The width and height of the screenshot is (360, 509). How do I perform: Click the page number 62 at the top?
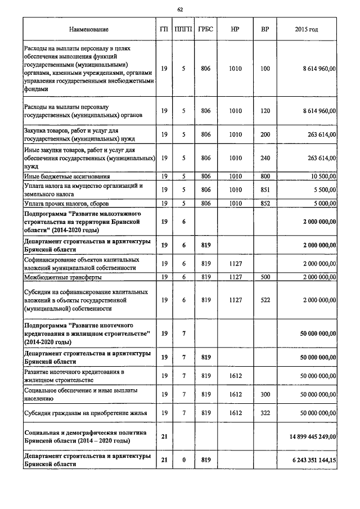click(180, 10)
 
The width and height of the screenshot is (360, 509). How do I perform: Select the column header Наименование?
click(89, 29)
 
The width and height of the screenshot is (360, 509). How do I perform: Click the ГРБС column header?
click(205, 29)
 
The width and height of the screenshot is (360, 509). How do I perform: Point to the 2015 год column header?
click(306, 29)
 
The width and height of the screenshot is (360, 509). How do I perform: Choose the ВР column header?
click(265, 29)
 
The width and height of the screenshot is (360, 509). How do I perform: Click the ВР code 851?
click(265, 190)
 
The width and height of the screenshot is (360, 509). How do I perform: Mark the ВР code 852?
click(265, 203)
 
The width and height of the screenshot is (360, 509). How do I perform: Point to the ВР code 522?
click(265, 300)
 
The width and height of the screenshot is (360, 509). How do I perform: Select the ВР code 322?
click(265, 413)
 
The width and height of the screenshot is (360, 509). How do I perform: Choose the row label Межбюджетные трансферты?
click(62, 277)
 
